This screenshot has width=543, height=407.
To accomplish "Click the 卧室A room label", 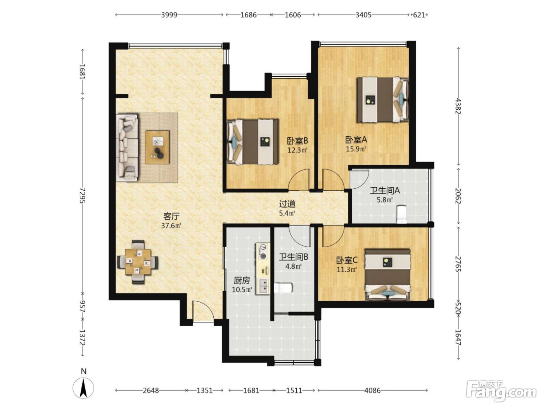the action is [x=356, y=140].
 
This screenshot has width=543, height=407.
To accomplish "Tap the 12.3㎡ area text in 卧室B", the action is [x=297, y=150].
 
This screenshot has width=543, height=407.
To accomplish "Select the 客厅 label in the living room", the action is [x=171, y=216].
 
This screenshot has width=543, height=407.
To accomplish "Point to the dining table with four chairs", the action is [x=138, y=262].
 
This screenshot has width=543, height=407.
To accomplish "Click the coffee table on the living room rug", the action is [x=157, y=147].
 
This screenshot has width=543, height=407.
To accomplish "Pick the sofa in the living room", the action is [x=127, y=148].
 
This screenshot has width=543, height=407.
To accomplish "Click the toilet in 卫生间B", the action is [x=283, y=288].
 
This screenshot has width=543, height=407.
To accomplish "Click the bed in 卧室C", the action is [x=387, y=274].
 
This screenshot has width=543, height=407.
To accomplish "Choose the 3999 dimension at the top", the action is [x=169, y=15].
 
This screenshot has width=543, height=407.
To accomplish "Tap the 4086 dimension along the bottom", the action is [x=372, y=390].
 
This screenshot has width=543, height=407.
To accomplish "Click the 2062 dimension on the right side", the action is [x=458, y=196].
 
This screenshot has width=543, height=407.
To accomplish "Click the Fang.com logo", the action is [x=501, y=391].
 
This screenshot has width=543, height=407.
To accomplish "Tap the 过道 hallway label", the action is [x=287, y=204].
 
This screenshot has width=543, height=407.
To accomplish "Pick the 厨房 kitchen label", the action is [x=242, y=280].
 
